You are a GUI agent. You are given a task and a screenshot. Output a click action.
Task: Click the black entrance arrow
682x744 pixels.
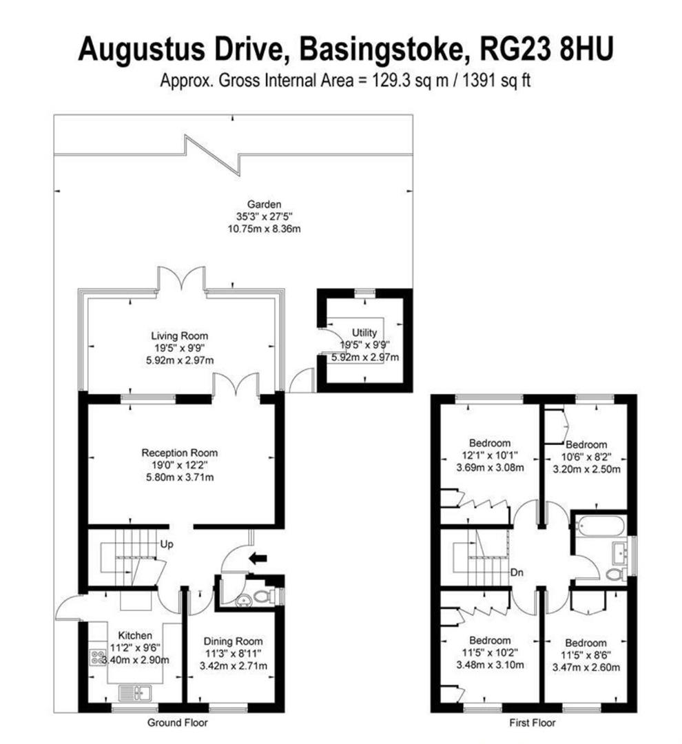click(x=258, y=558)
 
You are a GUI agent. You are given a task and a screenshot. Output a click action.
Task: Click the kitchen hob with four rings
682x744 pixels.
click(x=96, y=659)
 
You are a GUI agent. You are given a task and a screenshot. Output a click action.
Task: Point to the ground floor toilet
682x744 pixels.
click(x=262, y=597)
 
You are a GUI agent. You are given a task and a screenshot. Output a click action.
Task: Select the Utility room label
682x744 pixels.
click(x=365, y=333)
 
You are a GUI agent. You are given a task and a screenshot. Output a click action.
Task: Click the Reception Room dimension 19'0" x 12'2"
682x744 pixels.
click(x=179, y=465)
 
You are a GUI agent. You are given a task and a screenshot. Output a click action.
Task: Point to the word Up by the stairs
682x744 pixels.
click(x=166, y=544)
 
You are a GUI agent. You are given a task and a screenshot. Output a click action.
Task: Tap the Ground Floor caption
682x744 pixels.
click(x=178, y=723)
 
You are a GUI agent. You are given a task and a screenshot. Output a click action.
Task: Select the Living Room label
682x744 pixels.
click(x=179, y=335)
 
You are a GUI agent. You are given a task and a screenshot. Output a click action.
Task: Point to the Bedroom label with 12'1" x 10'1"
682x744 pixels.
click(x=489, y=442)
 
